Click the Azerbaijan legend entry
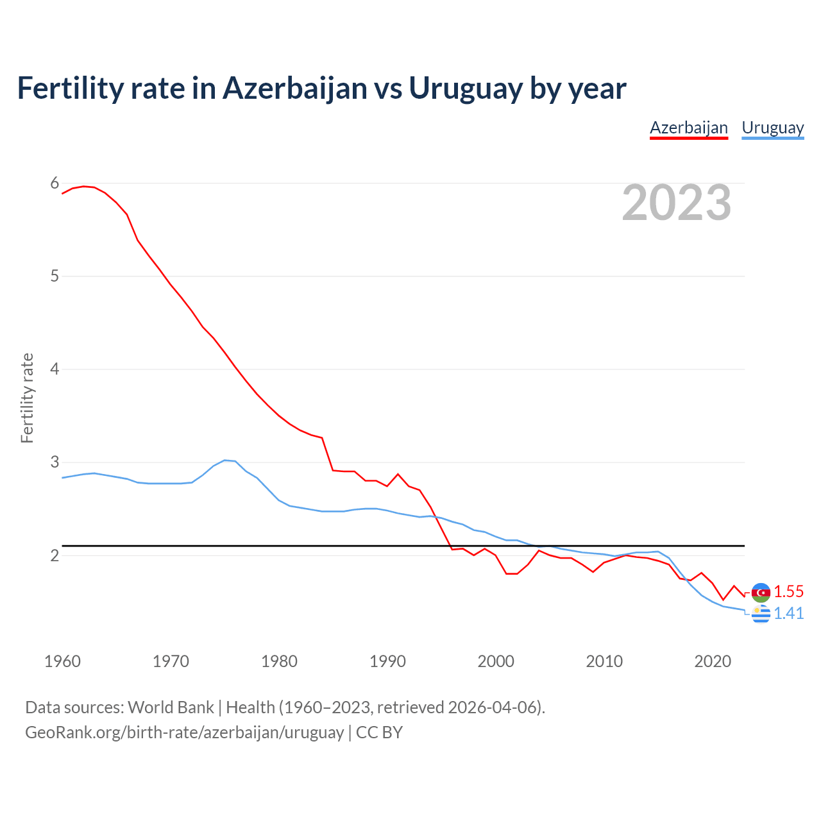point(689,128)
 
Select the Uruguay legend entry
point(772,128)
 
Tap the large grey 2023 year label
point(676,203)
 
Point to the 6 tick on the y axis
point(55,183)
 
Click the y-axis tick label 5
point(55,276)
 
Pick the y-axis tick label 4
point(55,369)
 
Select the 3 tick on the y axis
point(55,462)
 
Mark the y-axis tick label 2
point(55,555)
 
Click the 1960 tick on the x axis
point(62,661)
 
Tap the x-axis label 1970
point(171,661)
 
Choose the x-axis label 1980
point(279,661)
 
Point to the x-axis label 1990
point(387,661)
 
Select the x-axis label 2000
point(496,661)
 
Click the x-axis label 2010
point(604,661)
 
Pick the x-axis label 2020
point(713,661)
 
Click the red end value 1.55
point(788,591)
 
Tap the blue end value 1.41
point(788,614)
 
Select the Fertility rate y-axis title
point(27,398)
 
